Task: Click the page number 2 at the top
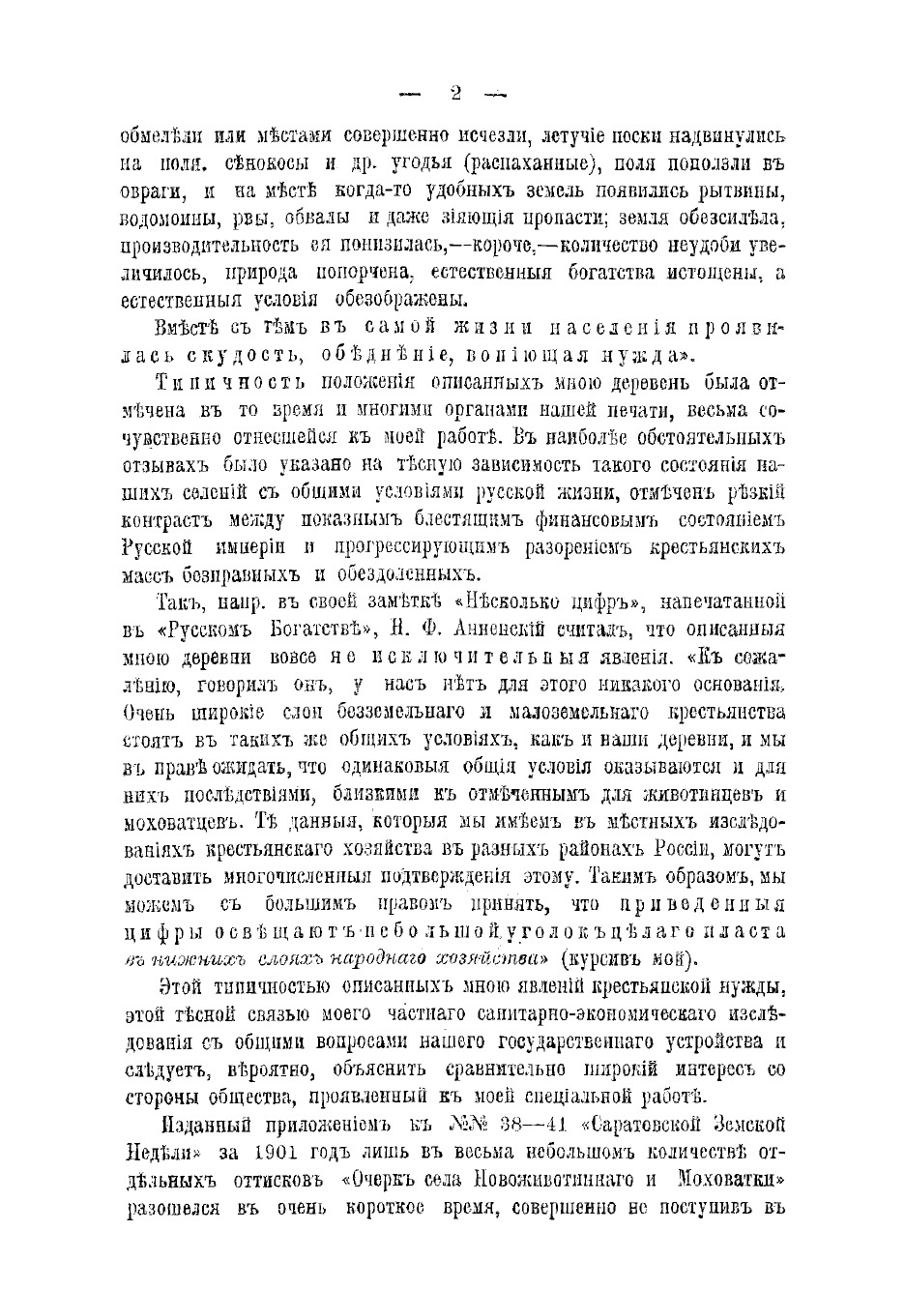(x=453, y=94)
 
